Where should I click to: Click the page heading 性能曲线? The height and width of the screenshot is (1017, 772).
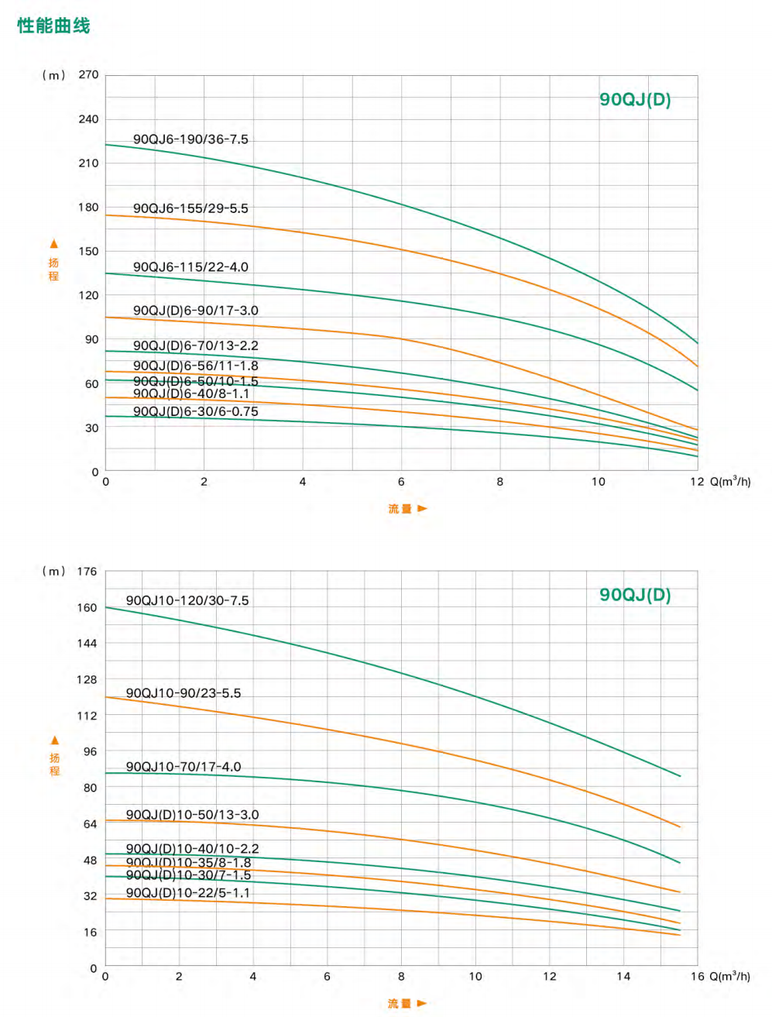(x=53, y=26)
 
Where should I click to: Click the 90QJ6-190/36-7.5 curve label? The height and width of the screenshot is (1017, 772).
(x=190, y=139)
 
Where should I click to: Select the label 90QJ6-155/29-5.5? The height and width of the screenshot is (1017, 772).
(x=190, y=208)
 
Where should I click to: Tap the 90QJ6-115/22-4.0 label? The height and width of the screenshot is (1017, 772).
(x=190, y=267)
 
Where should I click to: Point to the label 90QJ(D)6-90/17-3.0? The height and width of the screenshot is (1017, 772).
(x=195, y=311)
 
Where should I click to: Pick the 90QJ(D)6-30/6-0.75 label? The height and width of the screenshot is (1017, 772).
(x=195, y=411)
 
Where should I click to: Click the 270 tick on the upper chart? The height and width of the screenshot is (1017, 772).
(x=89, y=75)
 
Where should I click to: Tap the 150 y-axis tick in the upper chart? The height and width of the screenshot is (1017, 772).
(x=89, y=251)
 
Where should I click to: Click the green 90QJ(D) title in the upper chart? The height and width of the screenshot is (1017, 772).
(x=635, y=100)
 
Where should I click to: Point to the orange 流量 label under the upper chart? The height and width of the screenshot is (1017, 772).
(x=400, y=509)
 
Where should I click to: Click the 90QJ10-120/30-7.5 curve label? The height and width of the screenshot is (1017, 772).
(x=187, y=600)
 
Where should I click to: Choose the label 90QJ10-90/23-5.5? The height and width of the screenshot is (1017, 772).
(x=184, y=693)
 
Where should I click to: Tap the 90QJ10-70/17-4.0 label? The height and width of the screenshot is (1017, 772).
(x=184, y=767)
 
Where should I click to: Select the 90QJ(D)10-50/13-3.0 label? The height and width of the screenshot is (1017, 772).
(x=192, y=815)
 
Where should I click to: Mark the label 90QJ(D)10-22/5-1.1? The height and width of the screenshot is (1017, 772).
(x=188, y=893)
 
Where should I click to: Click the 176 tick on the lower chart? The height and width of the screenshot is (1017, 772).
(x=87, y=572)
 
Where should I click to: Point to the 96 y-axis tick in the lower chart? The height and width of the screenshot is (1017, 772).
(x=91, y=751)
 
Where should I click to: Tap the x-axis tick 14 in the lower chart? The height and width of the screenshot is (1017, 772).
(x=623, y=977)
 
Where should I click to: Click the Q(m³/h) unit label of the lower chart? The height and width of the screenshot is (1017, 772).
(x=729, y=976)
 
